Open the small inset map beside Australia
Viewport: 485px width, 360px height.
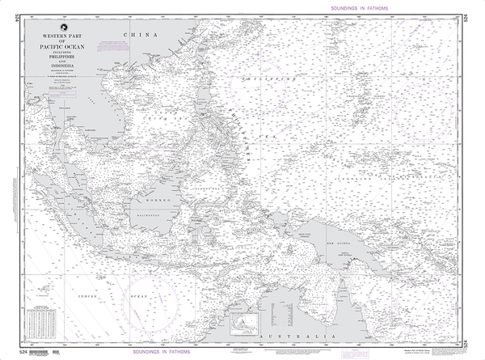[242, 325]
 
